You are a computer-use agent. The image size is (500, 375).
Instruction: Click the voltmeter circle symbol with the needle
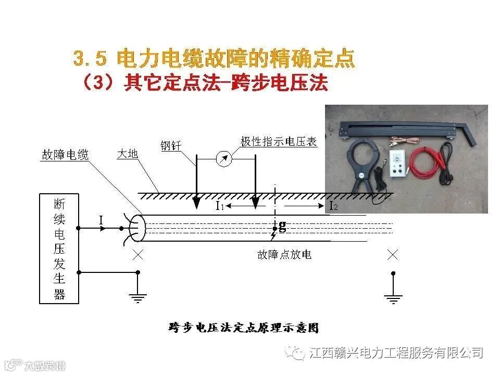pos(224,159)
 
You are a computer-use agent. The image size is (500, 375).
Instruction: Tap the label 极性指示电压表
pos(279,142)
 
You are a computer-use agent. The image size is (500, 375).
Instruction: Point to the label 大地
pos(127,154)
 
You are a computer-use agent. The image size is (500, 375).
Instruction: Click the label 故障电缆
pos(65,155)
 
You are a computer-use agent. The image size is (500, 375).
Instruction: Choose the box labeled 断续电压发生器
pos(59,248)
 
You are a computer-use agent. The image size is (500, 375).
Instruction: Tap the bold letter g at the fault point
pos(282,226)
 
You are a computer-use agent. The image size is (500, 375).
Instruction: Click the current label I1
pos(220,206)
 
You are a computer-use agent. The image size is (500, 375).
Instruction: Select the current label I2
pos(334,206)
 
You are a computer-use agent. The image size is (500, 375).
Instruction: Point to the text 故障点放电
pos(284,255)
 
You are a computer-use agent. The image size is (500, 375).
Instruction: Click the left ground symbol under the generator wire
pos(137,298)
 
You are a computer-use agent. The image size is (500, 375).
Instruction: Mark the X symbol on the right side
pos(393,255)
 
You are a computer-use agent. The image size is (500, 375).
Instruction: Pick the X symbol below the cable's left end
pos(138,255)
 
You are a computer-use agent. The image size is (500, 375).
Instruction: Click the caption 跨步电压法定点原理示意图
pos(243,328)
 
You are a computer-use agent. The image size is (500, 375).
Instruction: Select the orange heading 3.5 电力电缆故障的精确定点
pos(214,58)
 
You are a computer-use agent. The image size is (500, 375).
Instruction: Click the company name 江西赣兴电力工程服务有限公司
pos(395,353)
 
